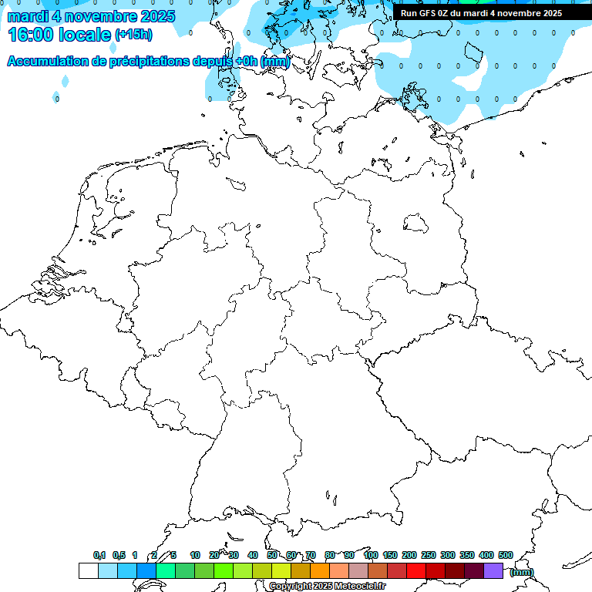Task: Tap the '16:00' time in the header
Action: tap(32, 35)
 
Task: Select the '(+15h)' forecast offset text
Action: tap(133, 35)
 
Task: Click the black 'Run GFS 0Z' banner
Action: tap(481, 13)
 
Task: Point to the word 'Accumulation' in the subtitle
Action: tap(47, 62)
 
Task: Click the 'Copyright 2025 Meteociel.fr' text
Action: tap(327, 587)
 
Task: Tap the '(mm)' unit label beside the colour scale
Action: tap(521, 571)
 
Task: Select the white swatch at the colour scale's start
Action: tap(88, 570)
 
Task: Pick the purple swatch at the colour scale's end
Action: tap(493, 570)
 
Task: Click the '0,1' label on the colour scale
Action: tap(99, 555)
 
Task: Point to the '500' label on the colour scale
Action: tap(506, 555)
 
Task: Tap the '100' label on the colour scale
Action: tap(371, 555)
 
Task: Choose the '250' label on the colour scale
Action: tap(429, 555)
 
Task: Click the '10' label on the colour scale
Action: tap(195, 555)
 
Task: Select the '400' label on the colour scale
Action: tap(486, 555)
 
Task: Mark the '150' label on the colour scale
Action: tap(390, 555)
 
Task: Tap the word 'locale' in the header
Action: tap(87, 35)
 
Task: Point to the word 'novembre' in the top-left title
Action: tap(95, 16)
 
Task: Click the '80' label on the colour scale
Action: tap(330, 555)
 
